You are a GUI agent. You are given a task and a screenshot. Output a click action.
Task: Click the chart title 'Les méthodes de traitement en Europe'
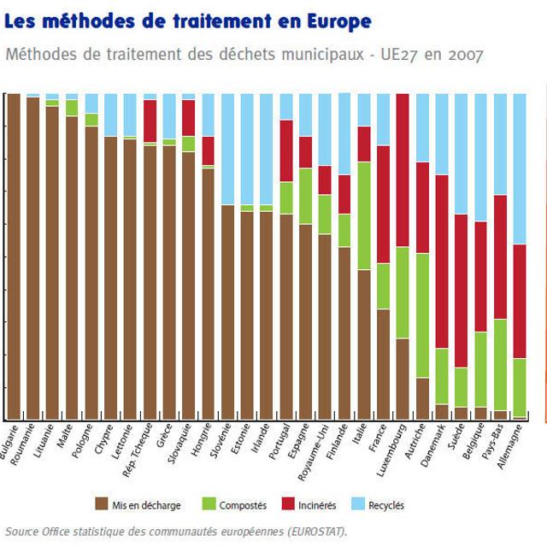point(188,21)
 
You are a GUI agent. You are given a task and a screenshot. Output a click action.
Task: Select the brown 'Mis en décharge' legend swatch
point(102,505)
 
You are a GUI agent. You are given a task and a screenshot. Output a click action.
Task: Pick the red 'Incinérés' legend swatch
point(300,505)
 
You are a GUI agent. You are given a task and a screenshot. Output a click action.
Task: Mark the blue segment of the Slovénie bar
point(228,149)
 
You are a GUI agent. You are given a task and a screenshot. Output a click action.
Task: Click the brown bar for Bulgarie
point(14,256)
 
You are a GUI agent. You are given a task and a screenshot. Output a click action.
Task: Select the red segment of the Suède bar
point(462,291)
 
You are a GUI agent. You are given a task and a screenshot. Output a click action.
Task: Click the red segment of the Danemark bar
point(442,262)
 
